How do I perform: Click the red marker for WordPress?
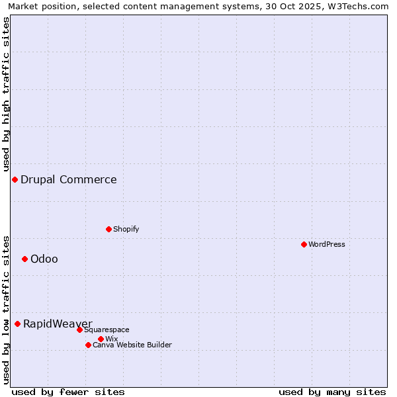coord(304,244)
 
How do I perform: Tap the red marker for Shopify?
coord(109,229)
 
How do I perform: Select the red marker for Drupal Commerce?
coord(15,179)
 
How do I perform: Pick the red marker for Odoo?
coord(24,259)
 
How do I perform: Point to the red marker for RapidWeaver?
coord(17,324)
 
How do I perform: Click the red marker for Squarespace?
coord(79,330)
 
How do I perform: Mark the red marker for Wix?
coord(101,339)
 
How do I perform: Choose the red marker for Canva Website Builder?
coord(88,345)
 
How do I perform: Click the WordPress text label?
coord(327,244)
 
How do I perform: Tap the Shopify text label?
coord(126,229)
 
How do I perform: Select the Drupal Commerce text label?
coord(69,179)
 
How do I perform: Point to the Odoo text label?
coord(44,259)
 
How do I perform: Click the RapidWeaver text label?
coord(58,324)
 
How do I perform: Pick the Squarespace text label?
coord(107,330)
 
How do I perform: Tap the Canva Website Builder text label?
coord(132,345)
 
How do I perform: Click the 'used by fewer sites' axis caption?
coord(68,392)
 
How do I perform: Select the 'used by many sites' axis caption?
coord(332,392)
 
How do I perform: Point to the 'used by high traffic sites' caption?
coord(6,95)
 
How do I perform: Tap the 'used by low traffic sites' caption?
coord(6,310)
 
